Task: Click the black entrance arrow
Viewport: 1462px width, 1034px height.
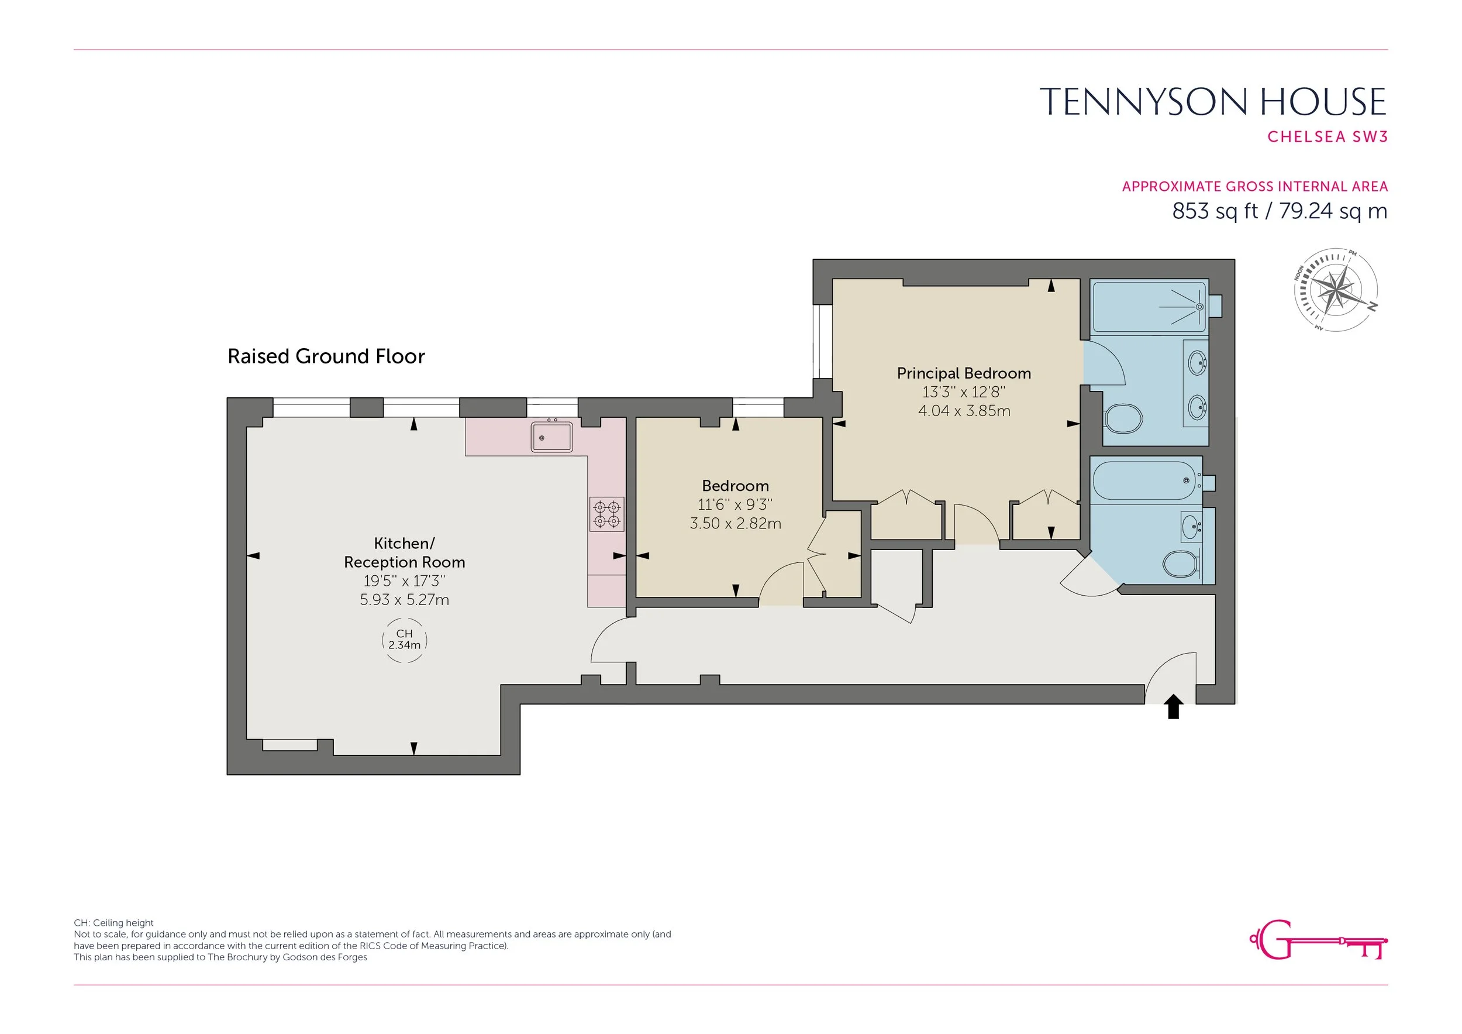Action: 1174,707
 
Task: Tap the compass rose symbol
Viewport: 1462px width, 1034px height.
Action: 1336,290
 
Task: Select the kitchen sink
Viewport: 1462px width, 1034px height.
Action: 552,437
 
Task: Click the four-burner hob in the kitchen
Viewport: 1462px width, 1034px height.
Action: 606,515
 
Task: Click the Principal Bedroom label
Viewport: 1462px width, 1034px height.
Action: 963,373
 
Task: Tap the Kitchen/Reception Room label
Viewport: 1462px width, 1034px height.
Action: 404,553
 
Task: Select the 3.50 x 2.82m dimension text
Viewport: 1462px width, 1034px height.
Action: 736,524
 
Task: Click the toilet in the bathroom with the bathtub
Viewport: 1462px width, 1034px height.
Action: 1181,563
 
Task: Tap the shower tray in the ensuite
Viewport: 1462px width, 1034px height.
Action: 1149,307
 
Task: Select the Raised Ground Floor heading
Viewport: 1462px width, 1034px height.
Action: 326,356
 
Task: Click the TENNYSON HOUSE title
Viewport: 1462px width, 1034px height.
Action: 1213,102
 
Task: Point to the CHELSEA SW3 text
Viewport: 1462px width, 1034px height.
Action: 1327,137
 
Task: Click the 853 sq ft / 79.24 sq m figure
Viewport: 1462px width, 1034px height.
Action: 1280,211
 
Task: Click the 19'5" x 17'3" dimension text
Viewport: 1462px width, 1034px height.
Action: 404,581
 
